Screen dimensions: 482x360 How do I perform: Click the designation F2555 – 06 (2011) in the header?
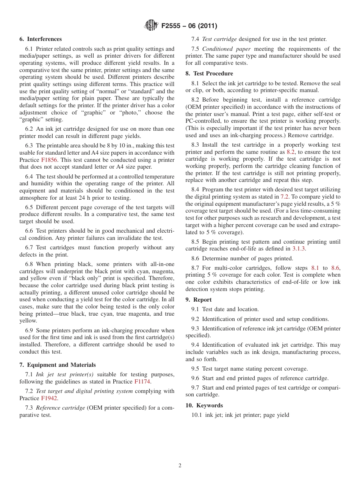point(189,26)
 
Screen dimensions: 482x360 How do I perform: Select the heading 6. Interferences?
point(41,39)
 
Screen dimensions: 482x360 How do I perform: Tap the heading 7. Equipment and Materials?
point(58,365)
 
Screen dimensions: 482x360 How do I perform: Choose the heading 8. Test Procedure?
point(209,74)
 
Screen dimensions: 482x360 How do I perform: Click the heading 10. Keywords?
point(204,405)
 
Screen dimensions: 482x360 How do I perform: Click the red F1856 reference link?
point(49,160)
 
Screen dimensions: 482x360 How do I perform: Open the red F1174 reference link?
point(142,382)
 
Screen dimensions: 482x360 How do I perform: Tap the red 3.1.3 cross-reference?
point(299,249)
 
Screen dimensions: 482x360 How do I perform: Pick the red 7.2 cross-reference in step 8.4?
point(284,197)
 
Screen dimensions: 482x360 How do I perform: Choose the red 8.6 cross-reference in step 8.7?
point(335,268)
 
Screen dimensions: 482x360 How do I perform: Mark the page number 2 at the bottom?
point(180,466)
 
